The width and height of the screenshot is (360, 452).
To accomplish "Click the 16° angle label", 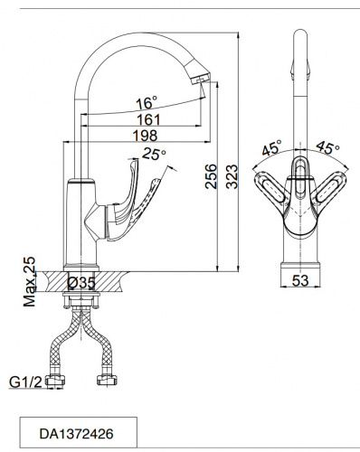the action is pos(147,103).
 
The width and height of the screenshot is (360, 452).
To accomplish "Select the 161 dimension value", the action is pos(148,119).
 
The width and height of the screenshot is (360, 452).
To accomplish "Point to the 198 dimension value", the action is pos(146,136).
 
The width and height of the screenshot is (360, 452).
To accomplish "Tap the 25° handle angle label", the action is pos(154,154).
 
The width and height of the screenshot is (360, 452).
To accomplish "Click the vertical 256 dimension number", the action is pos(211,176).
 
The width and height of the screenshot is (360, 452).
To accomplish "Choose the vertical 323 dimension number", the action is pos(232,176).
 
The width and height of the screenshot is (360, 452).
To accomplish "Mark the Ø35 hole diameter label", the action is pos(81,283).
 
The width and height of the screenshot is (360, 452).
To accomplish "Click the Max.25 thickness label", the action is pos(30,282).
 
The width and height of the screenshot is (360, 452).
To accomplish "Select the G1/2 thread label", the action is pos(25,382).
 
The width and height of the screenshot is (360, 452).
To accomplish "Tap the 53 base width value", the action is pos(300,280).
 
